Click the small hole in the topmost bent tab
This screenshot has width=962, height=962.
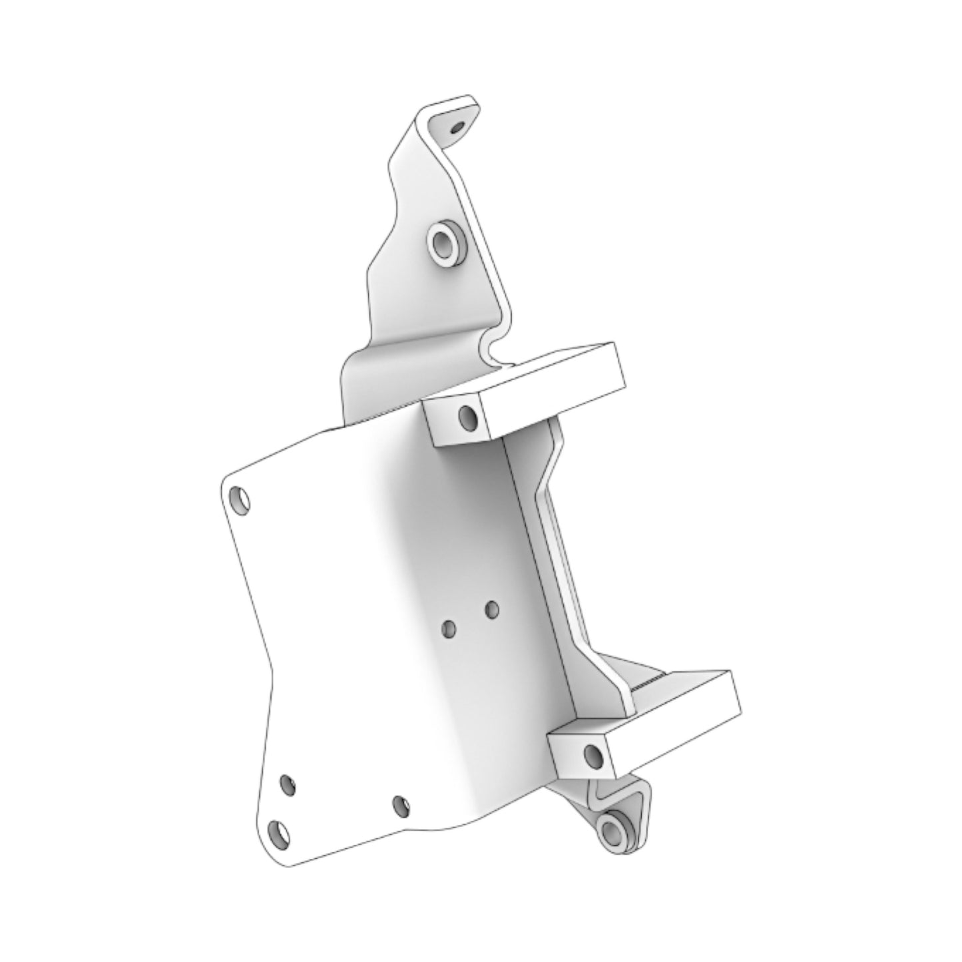tap(456, 126)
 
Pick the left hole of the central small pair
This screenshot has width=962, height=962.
tap(449, 626)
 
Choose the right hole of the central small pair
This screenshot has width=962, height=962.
tap(492, 608)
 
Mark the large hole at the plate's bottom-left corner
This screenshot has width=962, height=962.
tap(280, 833)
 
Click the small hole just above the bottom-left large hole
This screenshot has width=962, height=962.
tap(288, 786)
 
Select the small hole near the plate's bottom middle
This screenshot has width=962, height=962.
tap(401, 805)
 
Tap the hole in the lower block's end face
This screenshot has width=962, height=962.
tap(592, 755)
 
